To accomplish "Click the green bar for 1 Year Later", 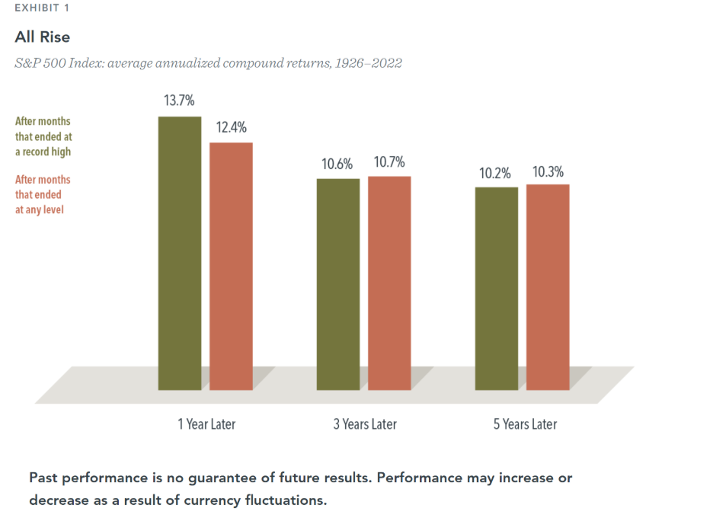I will (x=180, y=253).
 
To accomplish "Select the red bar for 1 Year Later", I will (x=231, y=266).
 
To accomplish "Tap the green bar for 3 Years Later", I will (x=338, y=284).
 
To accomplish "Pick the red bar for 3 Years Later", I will (x=389, y=283).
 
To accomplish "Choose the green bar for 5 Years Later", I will (x=497, y=288).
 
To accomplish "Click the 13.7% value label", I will (x=179, y=101).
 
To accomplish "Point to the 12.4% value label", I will (x=231, y=127).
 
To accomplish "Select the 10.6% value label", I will (x=337, y=164).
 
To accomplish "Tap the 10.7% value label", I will (x=389, y=161).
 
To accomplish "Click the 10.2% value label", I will (x=495, y=173).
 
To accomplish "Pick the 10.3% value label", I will (x=548, y=171).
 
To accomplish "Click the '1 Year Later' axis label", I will (x=206, y=424).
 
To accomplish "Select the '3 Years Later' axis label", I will (x=365, y=424).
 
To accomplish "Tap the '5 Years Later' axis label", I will (x=525, y=424).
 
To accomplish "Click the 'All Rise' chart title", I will (x=43, y=37).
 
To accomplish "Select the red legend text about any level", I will (x=43, y=194).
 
